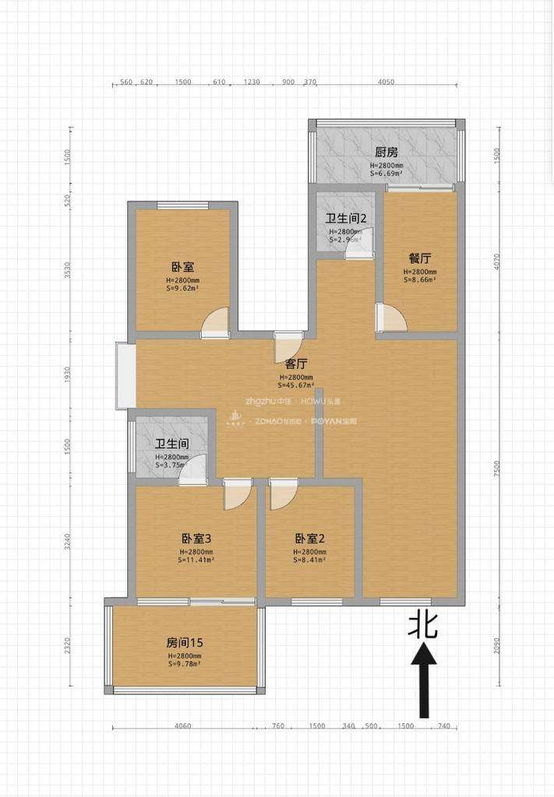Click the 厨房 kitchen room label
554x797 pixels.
[386, 153]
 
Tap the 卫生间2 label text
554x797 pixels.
[346, 219]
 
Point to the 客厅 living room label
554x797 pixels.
[296, 363]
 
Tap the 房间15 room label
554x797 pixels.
[185, 643]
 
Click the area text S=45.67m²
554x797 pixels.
[296, 384]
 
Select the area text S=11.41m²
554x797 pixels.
[190, 559]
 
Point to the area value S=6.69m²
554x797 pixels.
[386, 174]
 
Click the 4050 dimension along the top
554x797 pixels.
[385, 83]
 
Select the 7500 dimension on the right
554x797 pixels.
[499, 469]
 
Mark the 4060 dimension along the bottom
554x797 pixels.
[183, 726]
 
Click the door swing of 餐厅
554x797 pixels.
[391, 318]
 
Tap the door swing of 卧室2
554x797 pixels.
[281, 496]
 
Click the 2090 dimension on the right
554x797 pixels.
[499, 646]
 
